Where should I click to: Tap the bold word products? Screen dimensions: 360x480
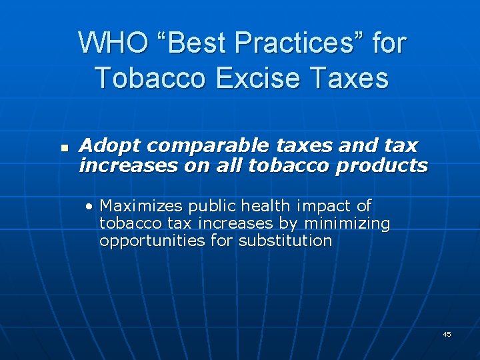pyautogui.click(x=382, y=165)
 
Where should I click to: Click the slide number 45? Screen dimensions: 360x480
pyautogui.click(x=447, y=334)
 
